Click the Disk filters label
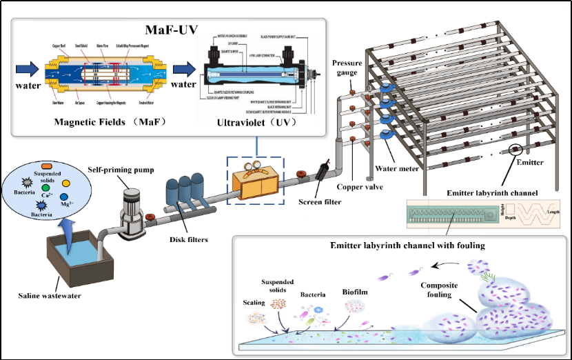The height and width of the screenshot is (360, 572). pyautogui.click(x=187, y=239)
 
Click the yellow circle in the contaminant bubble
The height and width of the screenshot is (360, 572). pyautogui.click(x=66, y=183)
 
